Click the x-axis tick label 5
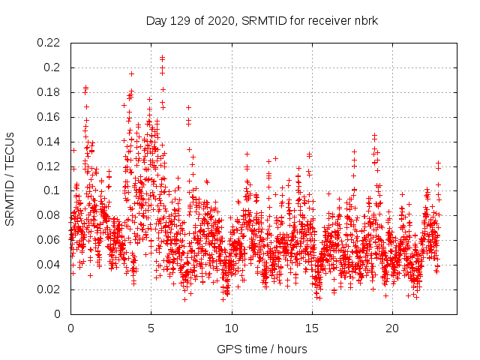click(151, 328)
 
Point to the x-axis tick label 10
click(232, 328)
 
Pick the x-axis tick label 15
click(312, 328)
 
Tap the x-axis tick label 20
click(392, 328)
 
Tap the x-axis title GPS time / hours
click(262, 349)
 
